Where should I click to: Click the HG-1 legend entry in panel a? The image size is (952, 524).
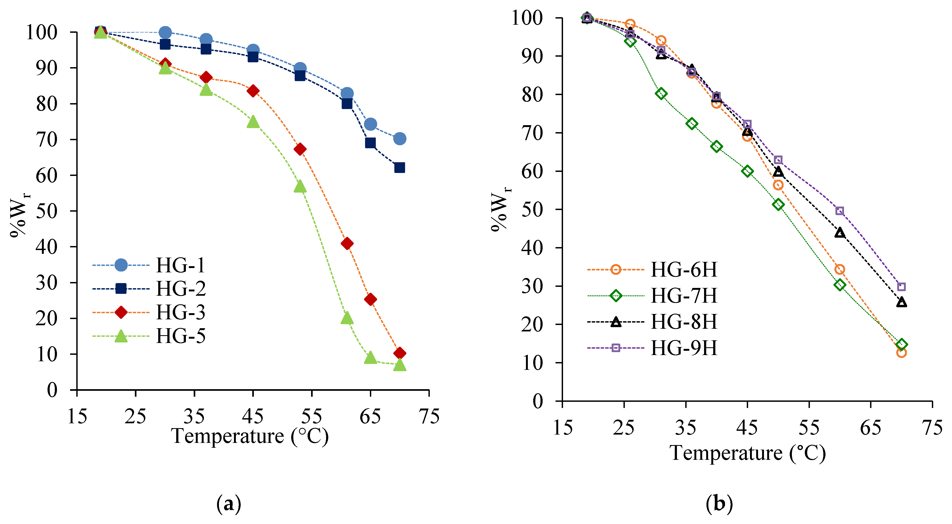point(180,265)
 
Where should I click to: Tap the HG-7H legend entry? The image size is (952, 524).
point(684,296)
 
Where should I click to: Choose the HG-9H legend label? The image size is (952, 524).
point(684,348)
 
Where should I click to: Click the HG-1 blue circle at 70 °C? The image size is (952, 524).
point(399,139)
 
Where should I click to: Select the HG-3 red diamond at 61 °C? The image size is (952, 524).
point(347,244)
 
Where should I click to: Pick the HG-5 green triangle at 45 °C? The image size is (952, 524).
point(253,122)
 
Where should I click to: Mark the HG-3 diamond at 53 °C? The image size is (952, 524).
point(300,149)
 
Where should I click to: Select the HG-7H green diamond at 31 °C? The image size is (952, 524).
point(661,93)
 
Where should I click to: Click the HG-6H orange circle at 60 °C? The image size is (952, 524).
point(840,269)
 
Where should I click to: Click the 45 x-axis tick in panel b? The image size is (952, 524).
point(747,428)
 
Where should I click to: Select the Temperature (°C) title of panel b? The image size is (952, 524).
point(747,453)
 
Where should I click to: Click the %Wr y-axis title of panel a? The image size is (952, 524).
point(19,215)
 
